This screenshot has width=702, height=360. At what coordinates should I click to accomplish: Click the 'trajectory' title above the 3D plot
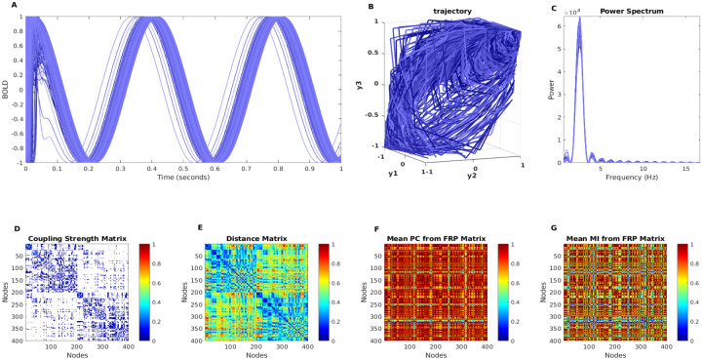click(447, 12)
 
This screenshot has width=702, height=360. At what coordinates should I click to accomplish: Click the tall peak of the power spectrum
click(580, 20)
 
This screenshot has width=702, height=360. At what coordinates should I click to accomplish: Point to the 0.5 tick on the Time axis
click(181, 170)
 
